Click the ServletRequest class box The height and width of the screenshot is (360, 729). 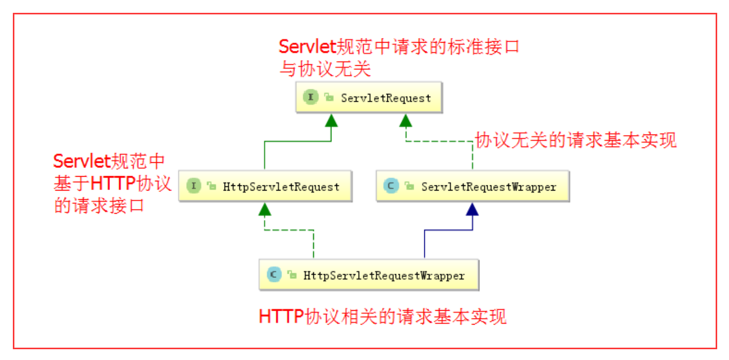[368, 98]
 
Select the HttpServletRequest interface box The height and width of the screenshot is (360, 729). [265, 186]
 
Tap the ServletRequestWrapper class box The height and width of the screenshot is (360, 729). [472, 186]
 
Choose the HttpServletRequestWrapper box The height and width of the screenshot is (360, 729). [368, 275]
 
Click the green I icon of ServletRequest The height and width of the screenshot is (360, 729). [311, 98]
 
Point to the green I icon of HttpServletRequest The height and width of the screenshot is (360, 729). [193, 186]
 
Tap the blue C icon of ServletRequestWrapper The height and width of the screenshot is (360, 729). [390, 186]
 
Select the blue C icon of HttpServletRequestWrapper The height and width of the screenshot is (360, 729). [273, 275]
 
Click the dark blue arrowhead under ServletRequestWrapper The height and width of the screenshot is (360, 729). [472, 210]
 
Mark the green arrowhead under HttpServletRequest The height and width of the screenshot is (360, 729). [265, 210]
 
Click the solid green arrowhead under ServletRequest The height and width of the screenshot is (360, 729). [331, 121]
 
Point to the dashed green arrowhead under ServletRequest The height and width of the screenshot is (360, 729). [406, 121]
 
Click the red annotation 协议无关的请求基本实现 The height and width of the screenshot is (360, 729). [575, 140]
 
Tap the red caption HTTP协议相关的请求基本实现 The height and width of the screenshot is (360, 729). [383, 316]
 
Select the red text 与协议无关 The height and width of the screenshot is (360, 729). [325, 68]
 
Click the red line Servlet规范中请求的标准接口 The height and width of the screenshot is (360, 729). [399, 47]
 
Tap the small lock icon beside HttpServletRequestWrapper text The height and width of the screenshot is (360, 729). [292, 275]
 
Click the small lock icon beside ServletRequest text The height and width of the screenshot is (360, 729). [329, 98]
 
